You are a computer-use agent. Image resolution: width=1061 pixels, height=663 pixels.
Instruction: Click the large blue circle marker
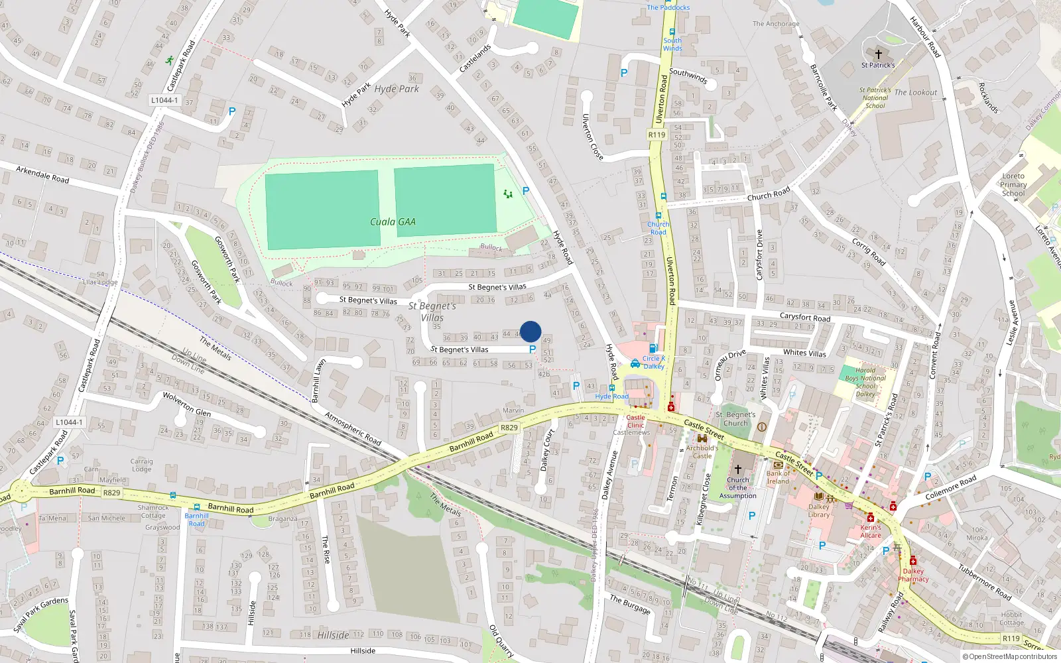530,331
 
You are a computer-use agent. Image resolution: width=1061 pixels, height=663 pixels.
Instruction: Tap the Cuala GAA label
393,222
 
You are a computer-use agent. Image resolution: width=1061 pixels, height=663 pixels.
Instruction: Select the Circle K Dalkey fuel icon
653,348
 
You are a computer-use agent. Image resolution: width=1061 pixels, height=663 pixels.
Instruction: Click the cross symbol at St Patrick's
879,54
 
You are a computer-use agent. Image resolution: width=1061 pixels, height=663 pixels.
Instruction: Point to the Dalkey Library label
819,511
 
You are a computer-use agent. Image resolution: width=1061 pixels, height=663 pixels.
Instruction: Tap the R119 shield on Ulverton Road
656,135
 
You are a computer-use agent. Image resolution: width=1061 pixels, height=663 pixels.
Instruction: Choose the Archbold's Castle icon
702,439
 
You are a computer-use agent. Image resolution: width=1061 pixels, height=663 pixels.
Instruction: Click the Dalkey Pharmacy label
913,575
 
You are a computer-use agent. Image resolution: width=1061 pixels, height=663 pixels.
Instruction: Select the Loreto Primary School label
1013,185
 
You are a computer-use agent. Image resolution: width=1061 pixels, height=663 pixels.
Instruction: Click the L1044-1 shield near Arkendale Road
164,100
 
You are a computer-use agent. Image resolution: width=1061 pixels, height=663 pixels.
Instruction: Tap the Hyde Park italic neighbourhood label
397,89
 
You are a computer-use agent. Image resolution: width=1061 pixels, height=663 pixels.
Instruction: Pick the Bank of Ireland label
779,477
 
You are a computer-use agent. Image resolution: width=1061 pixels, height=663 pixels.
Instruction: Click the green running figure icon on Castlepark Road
170,60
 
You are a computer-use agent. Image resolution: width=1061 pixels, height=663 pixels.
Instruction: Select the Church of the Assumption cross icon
737,469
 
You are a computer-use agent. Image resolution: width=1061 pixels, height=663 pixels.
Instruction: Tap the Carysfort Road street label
804,318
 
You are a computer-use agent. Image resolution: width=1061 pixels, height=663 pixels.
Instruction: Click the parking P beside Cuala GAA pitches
526,191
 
